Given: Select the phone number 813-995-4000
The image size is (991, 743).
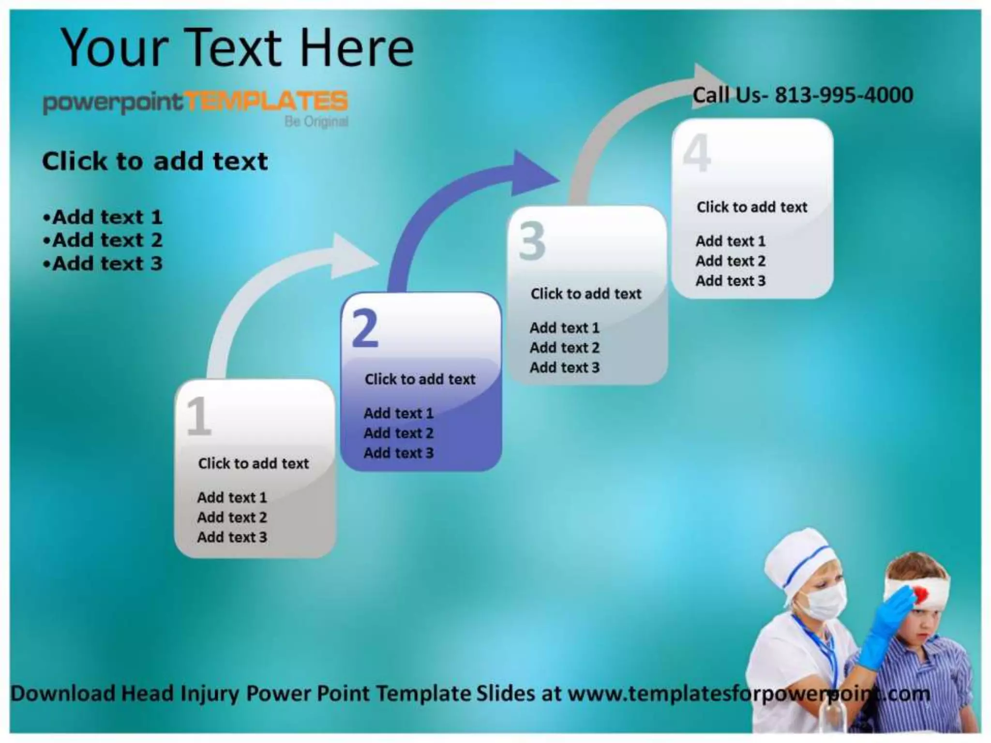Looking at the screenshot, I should pos(844,95).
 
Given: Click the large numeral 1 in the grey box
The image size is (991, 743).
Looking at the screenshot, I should pos(198,416).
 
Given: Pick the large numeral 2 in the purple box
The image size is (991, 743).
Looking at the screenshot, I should pos(365,328).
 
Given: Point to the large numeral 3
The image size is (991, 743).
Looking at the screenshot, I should pos(532,241).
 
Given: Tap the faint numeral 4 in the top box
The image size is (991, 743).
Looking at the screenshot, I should pos(697,154).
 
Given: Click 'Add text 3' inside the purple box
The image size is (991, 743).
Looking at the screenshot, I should pos(398,453).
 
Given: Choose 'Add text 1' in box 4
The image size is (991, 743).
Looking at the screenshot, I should pos(730,241).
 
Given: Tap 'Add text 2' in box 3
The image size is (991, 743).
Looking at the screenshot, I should pos(564,348).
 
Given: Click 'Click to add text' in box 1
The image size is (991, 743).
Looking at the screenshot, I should pos(253,463).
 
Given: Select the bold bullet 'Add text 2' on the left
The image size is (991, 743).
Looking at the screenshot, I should pos(107,240).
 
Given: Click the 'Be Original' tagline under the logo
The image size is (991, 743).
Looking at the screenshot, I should pos(316,121).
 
